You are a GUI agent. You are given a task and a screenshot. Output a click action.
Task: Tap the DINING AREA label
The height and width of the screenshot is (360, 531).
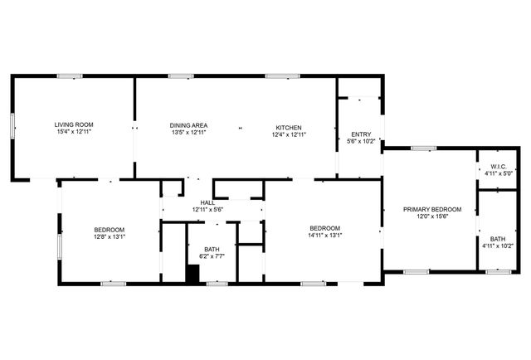point(188,124)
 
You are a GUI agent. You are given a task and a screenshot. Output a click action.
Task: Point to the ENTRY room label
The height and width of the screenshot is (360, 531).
point(361,134)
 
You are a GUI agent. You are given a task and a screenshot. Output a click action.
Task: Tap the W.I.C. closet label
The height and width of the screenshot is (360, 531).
point(487,168)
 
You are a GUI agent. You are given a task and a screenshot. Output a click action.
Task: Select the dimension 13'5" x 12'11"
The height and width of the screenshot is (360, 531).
point(188,132)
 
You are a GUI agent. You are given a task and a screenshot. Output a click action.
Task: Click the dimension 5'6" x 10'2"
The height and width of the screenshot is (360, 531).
point(361,141)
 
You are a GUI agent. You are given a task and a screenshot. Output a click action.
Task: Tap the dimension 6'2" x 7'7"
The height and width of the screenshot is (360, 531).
point(212,256)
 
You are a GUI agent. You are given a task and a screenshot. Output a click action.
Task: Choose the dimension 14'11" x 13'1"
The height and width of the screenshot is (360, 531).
point(324,236)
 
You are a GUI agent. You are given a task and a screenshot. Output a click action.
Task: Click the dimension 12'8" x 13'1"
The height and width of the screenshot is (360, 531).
point(109,236)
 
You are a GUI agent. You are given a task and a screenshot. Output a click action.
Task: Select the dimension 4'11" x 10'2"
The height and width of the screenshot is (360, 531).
point(498,246)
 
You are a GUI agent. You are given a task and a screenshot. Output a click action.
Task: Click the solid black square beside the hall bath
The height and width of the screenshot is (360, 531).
point(192,274)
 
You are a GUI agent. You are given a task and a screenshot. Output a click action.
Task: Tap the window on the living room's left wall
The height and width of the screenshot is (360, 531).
point(12,124)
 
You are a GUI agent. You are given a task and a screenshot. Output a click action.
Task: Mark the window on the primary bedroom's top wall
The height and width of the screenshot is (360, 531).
point(424,148)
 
